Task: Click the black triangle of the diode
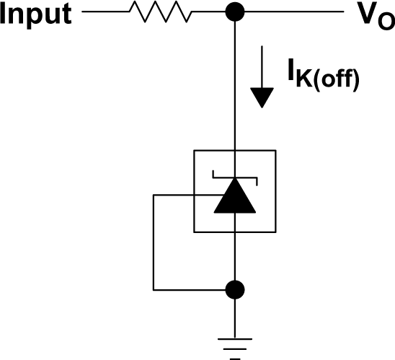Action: (234, 197)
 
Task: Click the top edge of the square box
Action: (234, 149)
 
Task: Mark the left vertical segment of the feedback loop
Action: (153, 242)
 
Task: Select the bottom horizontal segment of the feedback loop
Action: (191, 289)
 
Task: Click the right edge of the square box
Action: (275, 191)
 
